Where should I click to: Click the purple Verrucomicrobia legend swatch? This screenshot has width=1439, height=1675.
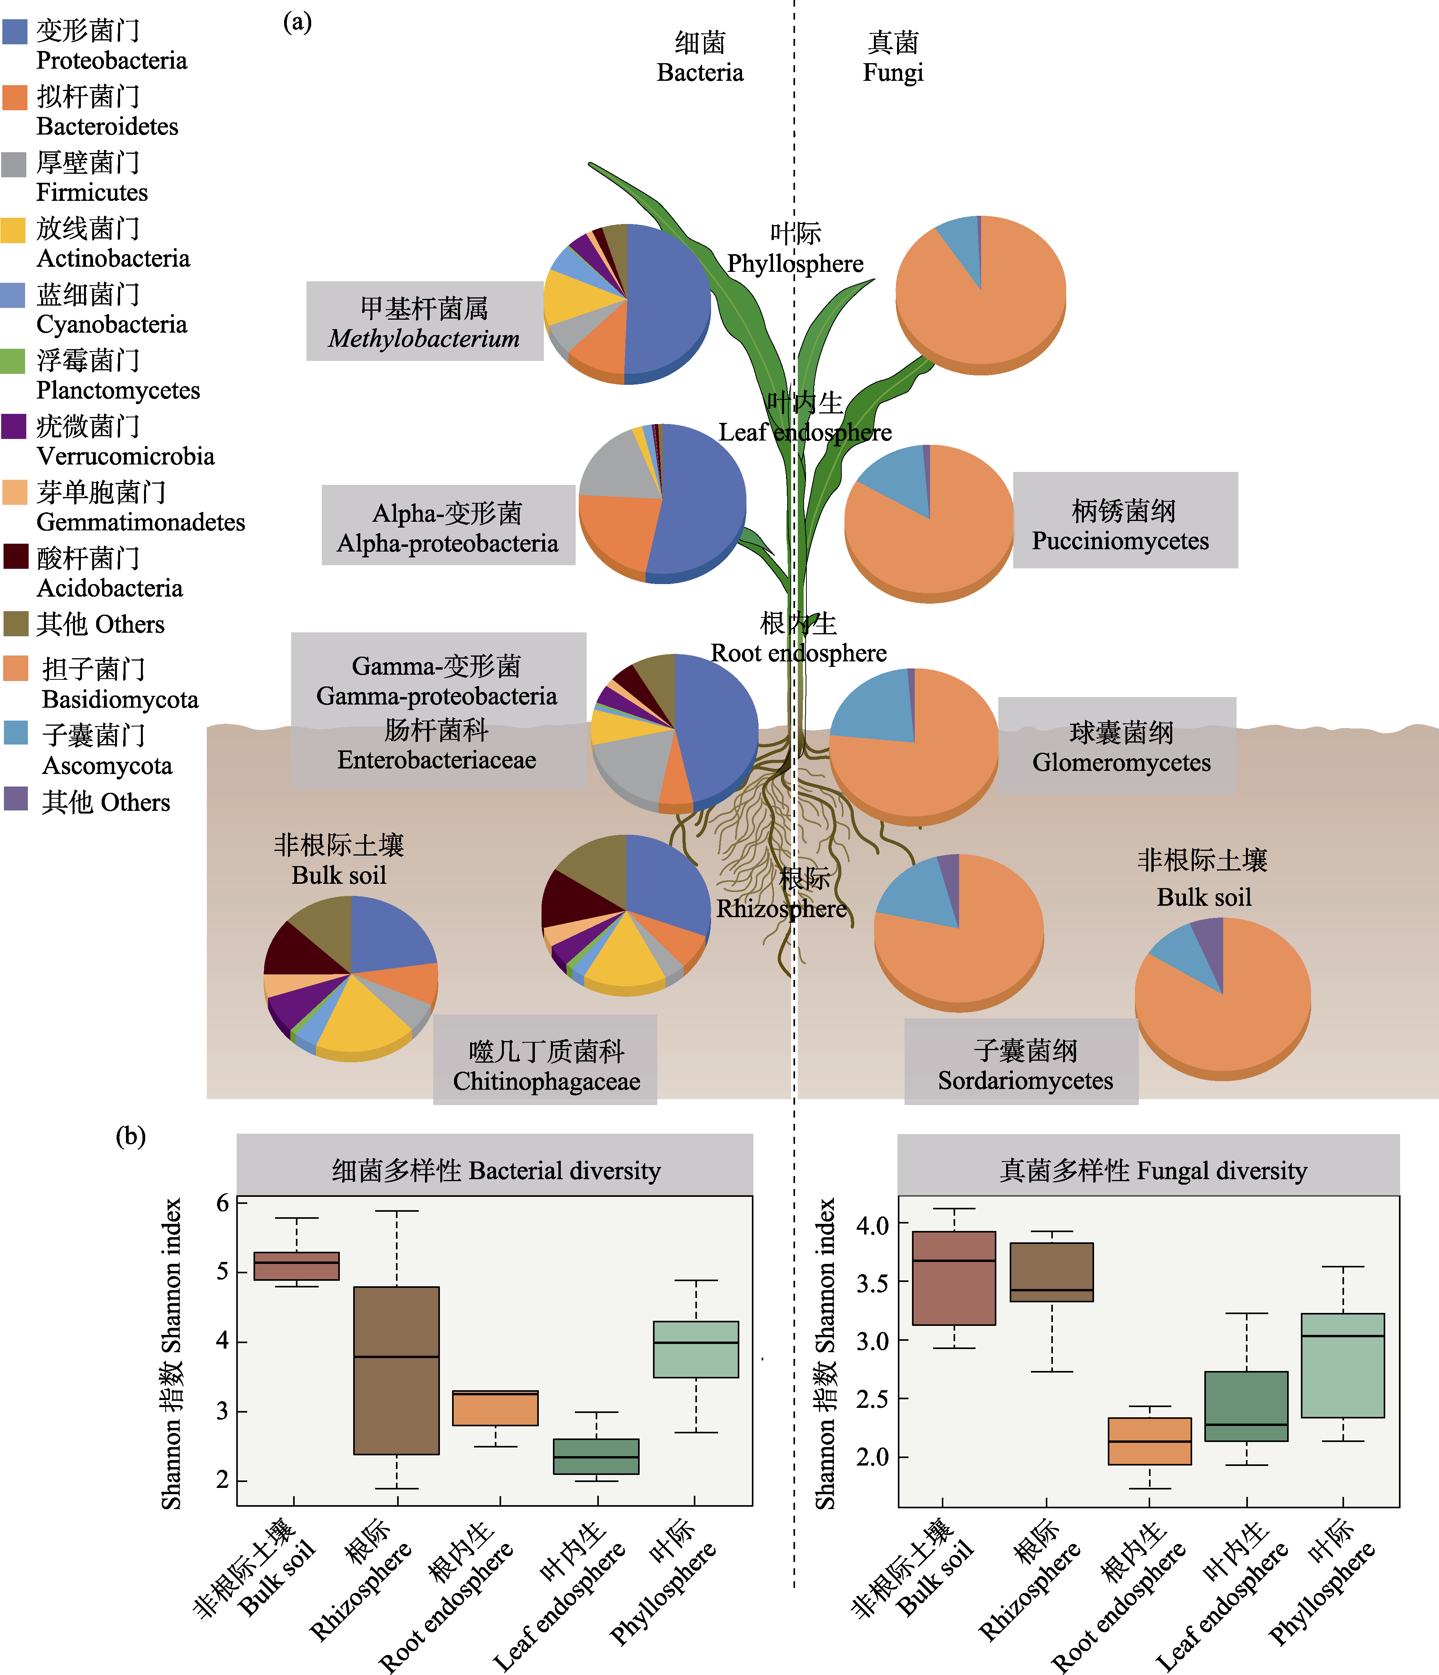[x=15, y=426]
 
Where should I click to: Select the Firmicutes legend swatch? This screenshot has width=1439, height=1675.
[x=15, y=164]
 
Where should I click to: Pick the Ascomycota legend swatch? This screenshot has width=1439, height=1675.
[x=16, y=733]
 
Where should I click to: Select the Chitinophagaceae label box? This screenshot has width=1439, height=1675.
[x=545, y=1060]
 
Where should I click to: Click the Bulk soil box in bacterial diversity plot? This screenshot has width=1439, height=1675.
[x=296, y=1266]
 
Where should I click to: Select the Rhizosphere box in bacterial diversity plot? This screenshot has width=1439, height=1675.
[x=396, y=1370]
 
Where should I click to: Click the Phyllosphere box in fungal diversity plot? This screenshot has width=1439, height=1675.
[x=1343, y=1365]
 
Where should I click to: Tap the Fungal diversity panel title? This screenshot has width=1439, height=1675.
[x=1153, y=1171]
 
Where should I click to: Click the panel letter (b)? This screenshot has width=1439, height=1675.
[x=130, y=1137]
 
